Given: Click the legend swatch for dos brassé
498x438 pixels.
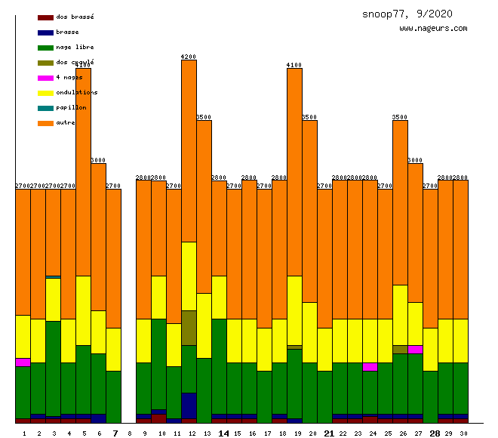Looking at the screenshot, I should pyautogui.click(x=45, y=17).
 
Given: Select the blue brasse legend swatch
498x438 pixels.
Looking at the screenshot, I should pyautogui.click(x=45, y=32).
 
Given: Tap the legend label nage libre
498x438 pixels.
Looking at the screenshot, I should pyautogui.click(x=75, y=47).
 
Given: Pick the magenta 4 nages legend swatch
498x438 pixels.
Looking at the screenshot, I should pyautogui.click(x=45, y=77).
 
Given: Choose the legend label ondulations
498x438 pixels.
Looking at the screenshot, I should pyautogui.click(x=76, y=92).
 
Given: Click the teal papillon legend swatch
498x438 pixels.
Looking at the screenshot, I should pyautogui.click(x=45, y=107).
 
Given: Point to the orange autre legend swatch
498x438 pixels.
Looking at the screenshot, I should pyautogui.click(x=45, y=122).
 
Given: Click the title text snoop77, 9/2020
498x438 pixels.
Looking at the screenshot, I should pyautogui.click(x=407, y=14).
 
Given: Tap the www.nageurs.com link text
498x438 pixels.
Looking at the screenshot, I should pyautogui.click(x=433, y=29).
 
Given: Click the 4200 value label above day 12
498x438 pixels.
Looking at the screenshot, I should pyautogui.click(x=189, y=57).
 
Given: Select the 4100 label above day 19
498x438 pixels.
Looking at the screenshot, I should pyautogui.click(x=294, y=65).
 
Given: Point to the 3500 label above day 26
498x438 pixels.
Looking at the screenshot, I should pyautogui.click(x=400, y=117).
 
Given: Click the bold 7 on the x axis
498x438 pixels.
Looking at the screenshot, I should pyautogui.click(x=115, y=433).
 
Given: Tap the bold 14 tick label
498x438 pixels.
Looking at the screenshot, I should pyautogui.click(x=223, y=433).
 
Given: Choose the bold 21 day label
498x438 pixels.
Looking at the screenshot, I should pyautogui.click(x=329, y=433).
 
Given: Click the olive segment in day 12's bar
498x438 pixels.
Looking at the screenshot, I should pyautogui.click(x=189, y=327).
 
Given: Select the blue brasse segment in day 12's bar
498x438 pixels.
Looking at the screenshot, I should pyautogui.click(x=189, y=406).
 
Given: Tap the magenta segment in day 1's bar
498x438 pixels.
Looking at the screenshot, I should pyautogui.click(x=23, y=362).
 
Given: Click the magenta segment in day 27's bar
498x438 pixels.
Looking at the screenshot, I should pyautogui.click(x=415, y=349).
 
